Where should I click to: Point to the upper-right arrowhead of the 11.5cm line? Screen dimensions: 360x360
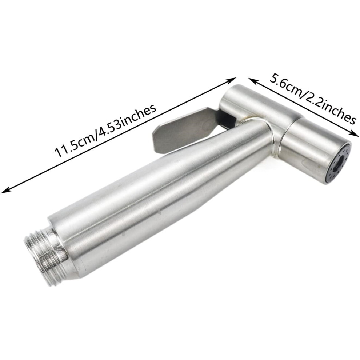point(232,80)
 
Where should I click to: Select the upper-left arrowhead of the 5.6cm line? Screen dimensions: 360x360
point(252,80)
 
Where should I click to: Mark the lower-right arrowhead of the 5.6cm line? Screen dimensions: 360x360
point(355,134)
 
